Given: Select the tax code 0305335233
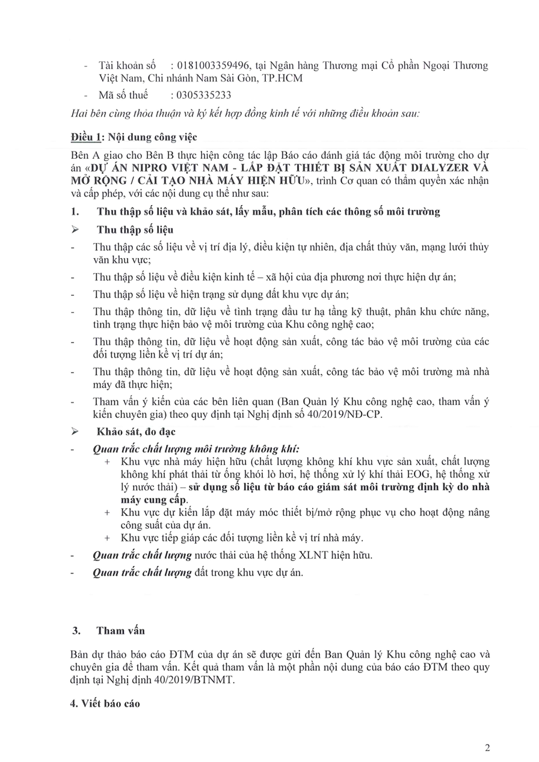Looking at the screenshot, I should (x=201, y=95).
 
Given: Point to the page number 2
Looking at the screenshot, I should (x=487, y=748).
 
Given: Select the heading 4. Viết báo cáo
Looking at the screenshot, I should (x=105, y=702).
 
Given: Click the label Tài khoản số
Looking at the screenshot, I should (x=127, y=66).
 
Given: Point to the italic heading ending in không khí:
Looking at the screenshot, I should (x=196, y=449).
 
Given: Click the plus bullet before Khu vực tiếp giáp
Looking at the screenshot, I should (x=107, y=538).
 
